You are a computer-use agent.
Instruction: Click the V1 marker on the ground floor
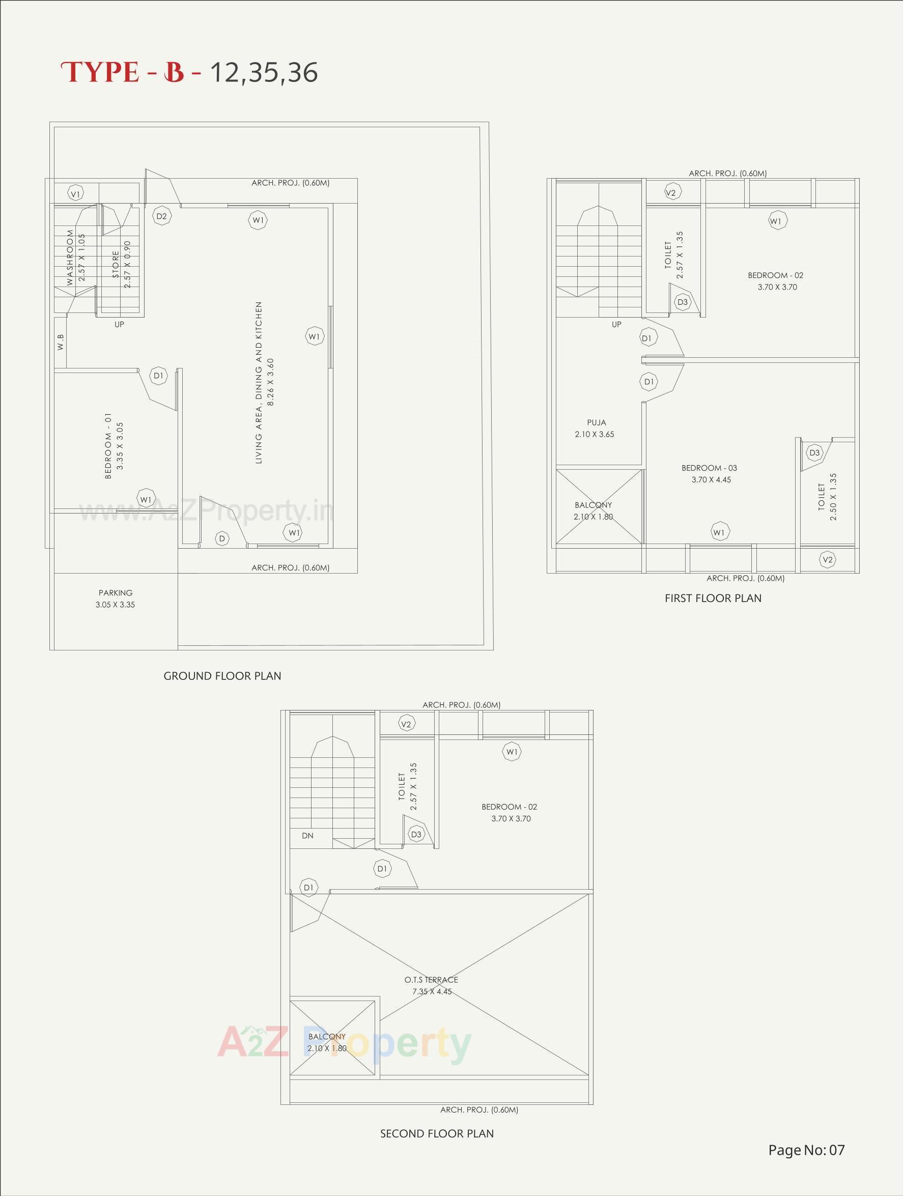(x=76, y=193)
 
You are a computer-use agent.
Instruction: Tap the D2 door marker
(x=161, y=216)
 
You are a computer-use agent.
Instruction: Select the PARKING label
(x=115, y=592)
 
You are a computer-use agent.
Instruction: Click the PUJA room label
(x=597, y=422)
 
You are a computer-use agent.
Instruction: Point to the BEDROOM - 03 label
(x=709, y=468)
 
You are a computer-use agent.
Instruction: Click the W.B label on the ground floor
(x=61, y=341)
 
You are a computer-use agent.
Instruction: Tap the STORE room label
(x=116, y=265)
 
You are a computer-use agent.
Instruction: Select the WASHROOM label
(x=70, y=258)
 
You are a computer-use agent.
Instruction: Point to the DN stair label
(x=307, y=835)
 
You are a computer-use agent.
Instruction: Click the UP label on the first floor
(x=616, y=324)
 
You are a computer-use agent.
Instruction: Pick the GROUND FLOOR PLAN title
(x=222, y=676)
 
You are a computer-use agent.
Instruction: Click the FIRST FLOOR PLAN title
(x=713, y=598)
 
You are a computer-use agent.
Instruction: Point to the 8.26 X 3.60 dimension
(x=271, y=382)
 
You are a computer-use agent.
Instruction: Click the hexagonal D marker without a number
(x=222, y=538)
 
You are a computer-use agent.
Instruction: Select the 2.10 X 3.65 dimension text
(x=594, y=434)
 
